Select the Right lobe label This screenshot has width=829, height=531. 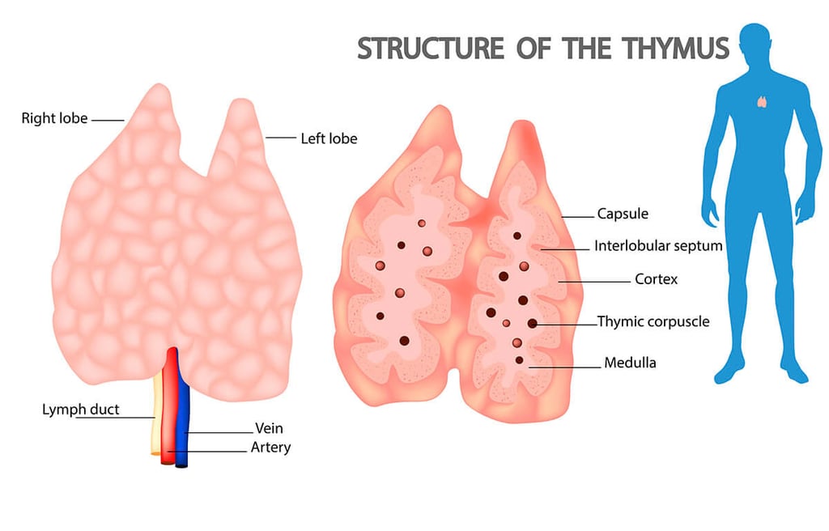(54, 119)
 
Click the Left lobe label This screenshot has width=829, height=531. (329, 138)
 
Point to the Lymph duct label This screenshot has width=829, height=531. (80, 410)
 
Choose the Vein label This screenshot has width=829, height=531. (269, 428)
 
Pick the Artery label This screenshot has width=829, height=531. (271, 447)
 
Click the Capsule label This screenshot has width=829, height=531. (623, 215)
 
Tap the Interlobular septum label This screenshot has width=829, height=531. (657, 245)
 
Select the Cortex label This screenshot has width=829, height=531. (656, 279)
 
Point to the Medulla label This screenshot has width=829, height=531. (630, 363)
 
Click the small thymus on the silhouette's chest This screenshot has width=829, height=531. (762, 102)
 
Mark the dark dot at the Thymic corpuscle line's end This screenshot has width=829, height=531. (532, 323)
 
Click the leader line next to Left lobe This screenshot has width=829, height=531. (280, 138)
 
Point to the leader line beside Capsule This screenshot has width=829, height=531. (577, 217)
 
